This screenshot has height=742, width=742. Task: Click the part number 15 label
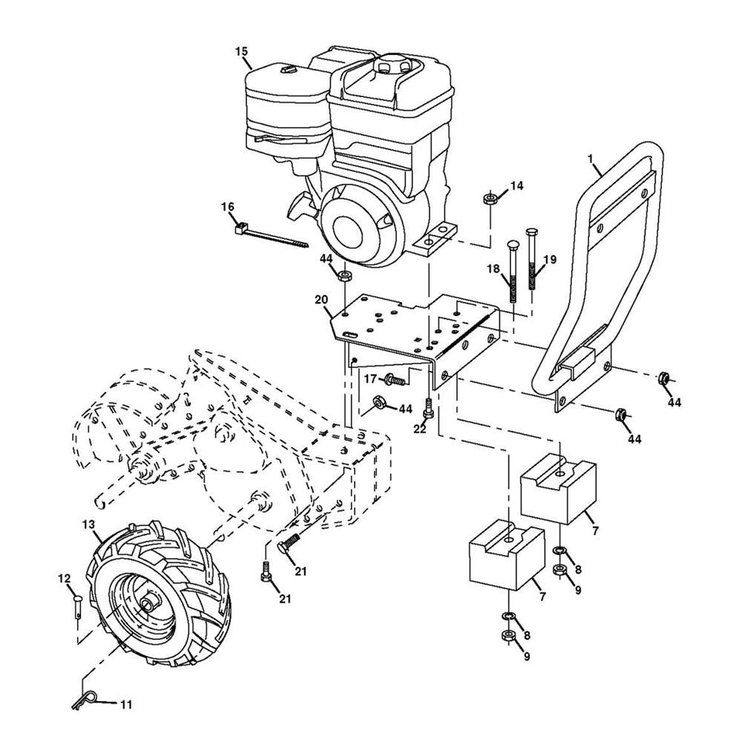[241, 51]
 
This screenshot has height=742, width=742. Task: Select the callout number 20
[321, 300]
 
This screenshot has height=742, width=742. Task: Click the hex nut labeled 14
[489, 198]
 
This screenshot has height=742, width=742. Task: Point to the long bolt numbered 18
[512, 271]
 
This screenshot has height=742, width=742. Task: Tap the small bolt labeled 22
[429, 407]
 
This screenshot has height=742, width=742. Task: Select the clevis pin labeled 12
[78, 607]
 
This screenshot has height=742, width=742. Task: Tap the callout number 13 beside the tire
[88, 525]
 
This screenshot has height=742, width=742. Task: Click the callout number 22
[420, 429]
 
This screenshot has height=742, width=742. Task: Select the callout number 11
[125, 705]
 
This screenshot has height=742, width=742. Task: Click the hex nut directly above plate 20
[344, 275]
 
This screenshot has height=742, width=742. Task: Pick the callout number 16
[228, 207]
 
